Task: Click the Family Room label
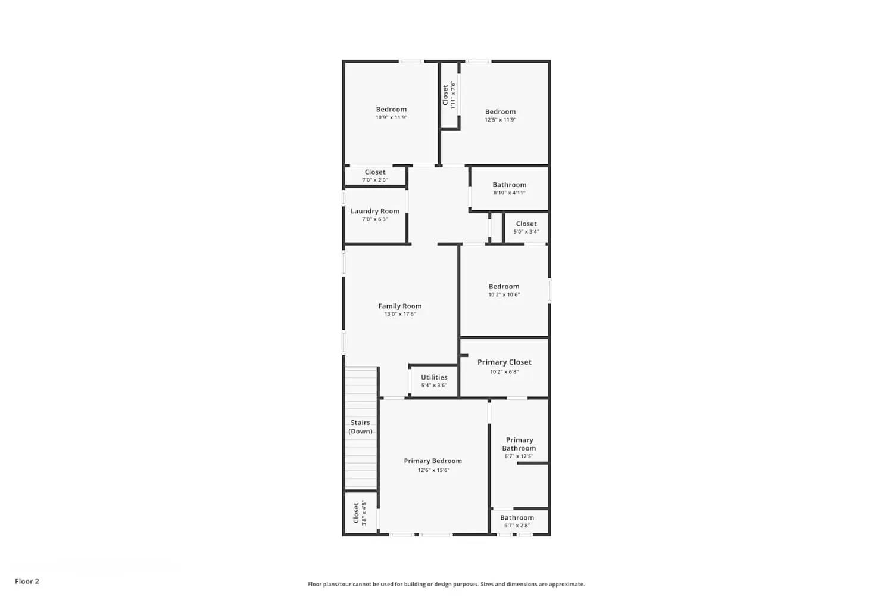click(400, 306)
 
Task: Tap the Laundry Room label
click(375, 211)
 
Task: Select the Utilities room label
click(434, 377)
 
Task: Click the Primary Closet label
click(504, 362)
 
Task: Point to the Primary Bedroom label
click(433, 461)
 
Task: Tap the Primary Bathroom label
click(519, 444)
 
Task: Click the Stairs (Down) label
click(361, 427)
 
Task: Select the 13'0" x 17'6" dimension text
click(400, 314)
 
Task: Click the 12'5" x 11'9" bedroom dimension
click(500, 120)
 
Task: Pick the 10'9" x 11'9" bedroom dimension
click(391, 117)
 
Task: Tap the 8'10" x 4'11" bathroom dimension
click(510, 193)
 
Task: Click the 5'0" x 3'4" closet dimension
click(526, 232)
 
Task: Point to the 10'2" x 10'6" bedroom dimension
click(504, 294)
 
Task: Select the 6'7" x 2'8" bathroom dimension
click(517, 526)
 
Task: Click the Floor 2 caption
click(27, 581)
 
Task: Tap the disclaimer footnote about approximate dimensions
click(446, 584)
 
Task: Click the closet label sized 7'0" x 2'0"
click(375, 172)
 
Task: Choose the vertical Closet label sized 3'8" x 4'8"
click(356, 513)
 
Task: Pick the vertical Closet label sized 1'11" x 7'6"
click(445, 95)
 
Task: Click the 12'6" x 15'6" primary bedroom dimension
click(433, 470)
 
